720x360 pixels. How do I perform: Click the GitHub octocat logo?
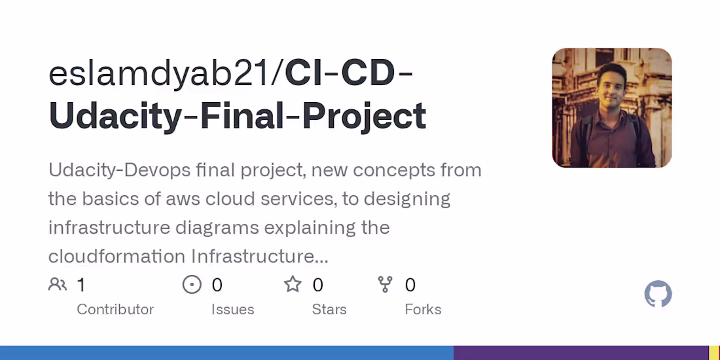[658, 295]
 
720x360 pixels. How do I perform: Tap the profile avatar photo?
[611, 108]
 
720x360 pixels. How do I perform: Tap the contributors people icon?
[58, 285]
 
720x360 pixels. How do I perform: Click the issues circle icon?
[192, 285]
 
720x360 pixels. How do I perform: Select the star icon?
[293, 285]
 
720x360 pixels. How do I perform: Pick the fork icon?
[385, 285]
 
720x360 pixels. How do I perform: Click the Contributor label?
[115, 310]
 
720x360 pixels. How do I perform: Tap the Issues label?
[232, 310]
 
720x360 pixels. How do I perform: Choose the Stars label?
[329, 310]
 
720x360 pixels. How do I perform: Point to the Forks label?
[423, 310]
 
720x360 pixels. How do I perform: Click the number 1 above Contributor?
[81, 285]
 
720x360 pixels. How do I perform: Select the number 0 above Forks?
[410, 285]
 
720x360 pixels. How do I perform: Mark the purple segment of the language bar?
[581, 353]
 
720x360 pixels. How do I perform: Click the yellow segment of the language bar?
[714, 353]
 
